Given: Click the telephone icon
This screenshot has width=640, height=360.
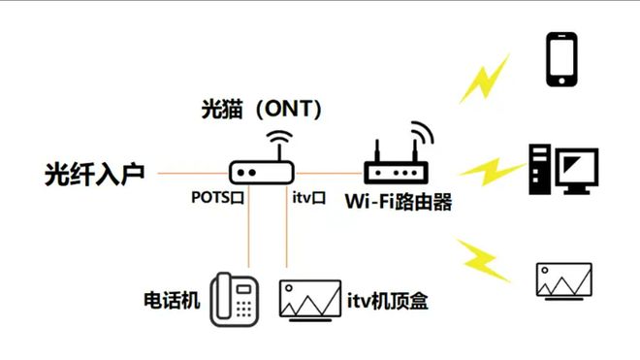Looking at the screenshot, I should [x=235, y=297].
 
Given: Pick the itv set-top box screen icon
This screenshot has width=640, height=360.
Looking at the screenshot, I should [x=308, y=299].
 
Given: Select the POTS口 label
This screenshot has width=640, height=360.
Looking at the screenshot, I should [x=216, y=198].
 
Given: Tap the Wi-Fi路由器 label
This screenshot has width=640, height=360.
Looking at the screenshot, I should [x=398, y=202].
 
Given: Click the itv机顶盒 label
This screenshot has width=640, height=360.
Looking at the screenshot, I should [x=388, y=301].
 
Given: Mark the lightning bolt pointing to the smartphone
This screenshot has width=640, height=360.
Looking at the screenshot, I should [x=484, y=79].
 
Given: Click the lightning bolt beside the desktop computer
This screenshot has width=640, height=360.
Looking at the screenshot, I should [x=488, y=172].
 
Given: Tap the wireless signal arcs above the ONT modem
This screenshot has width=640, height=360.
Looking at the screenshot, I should [x=279, y=138].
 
